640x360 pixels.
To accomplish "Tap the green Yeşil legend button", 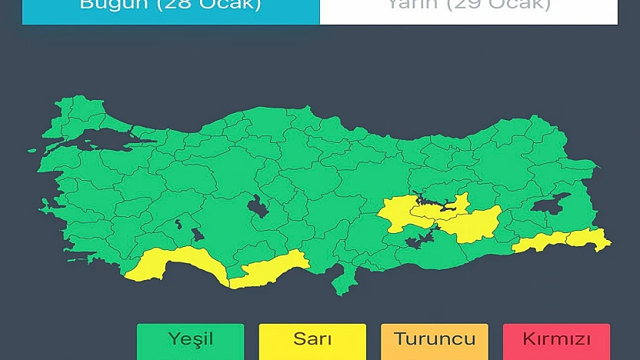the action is (190, 340).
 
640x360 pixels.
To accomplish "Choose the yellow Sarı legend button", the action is (312, 340).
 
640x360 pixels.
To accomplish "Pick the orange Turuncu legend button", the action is (434, 340).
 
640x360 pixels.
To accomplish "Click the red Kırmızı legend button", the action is (556, 340).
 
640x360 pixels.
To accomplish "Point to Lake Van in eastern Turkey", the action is (550, 203).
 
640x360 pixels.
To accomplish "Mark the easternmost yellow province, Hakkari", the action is (588, 239).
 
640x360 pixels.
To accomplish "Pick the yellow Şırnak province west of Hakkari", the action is (542, 243).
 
